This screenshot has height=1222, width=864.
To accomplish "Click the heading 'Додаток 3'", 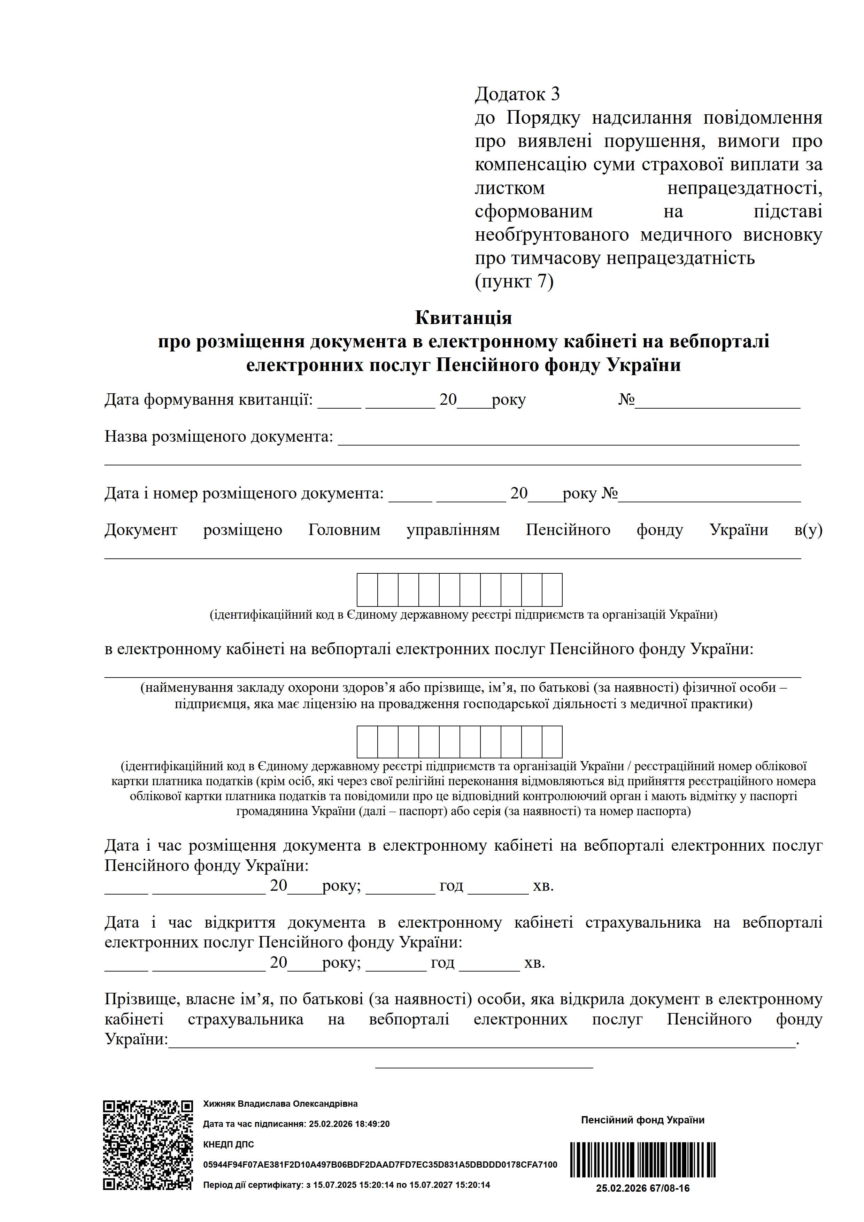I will pyautogui.click(x=517, y=94).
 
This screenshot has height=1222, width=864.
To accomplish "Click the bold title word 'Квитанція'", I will pyautogui.click(x=463, y=318).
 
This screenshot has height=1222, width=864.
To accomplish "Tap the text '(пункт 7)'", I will pyautogui.click(x=514, y=281).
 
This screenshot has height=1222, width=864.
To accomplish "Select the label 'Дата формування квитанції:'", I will pyautogui.click(x=208, y=399).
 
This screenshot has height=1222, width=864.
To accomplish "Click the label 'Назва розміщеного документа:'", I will pyautogui.click(x=218, y=436).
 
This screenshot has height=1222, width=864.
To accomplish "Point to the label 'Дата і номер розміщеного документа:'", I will pyautogui.click(x=244, y=493).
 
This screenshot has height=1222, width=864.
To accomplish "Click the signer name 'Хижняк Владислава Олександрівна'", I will pyautogui.click(x=280, y=1104).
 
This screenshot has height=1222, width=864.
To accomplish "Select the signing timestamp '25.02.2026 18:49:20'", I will pyautogui.click(x=349, y=1124).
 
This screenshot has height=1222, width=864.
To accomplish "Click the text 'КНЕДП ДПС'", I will pyautogui.click(x=229, y=1144).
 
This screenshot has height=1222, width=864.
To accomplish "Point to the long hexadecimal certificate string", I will pyautogui.click(x=380, y=1165).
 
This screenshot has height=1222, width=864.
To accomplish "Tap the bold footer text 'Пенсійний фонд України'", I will pyautogui.click(x=642, y=1120).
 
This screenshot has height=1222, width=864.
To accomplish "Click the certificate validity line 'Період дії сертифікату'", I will pyautogui.click(x=346, y=1185).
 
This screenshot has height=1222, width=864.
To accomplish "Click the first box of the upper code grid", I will pyautogui.click(x=367, y=590).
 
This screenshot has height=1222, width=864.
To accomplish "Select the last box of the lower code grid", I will pyautogui.click(x=552, y=741).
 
